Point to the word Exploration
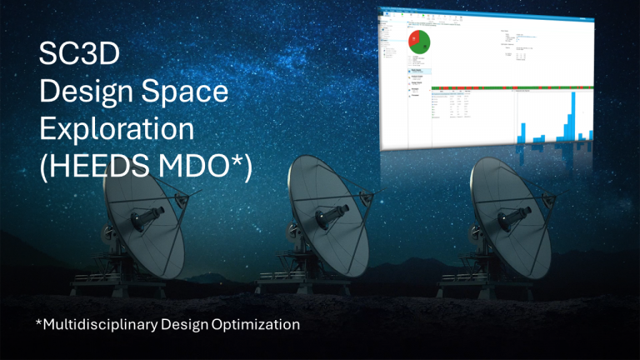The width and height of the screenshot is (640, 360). (x=116, y=129)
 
